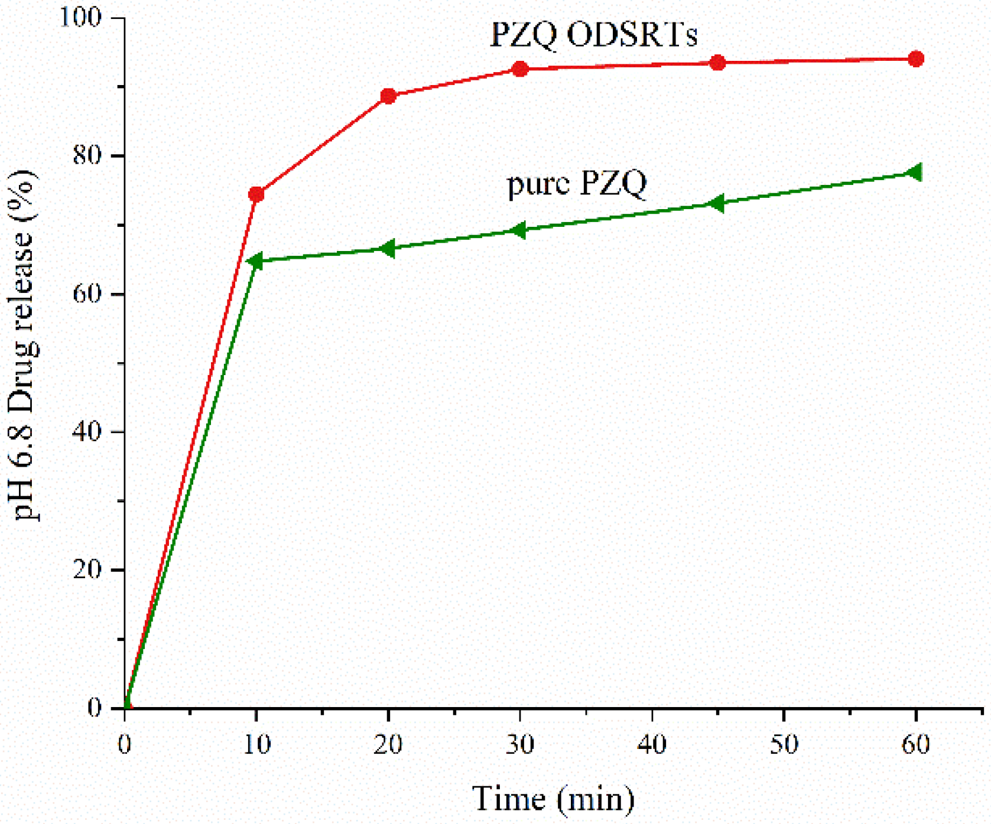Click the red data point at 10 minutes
tap(256, 194)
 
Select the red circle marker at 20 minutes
tap(388, 96)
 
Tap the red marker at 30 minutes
tap(520, 69)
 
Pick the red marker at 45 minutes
tap(717, 63)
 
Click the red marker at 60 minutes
tap(915, 59)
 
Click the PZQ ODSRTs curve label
tap(593, 35)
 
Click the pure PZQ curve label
tap(577, 183)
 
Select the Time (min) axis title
tap(553, 799)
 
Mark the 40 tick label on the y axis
tap(87, 431)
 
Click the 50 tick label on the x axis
tap(784, 744)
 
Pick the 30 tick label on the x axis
tap(520, 744)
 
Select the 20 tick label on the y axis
tap(87, 569)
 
